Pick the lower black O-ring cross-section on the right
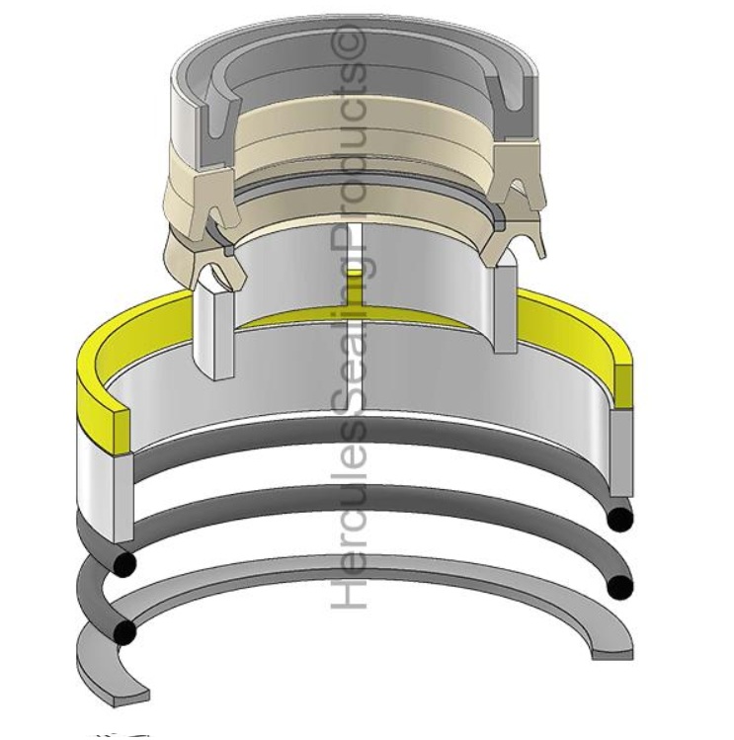619,588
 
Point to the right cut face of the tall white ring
504,307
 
